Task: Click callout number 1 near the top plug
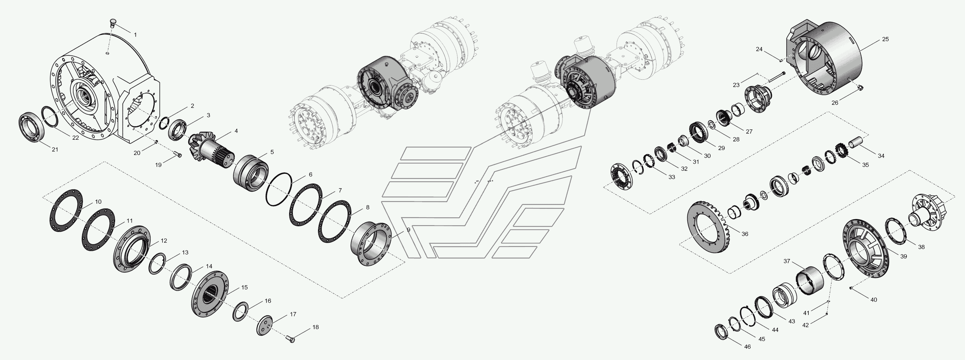pos(135,35)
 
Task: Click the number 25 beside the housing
pos(885,39)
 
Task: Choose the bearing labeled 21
pos(32,127)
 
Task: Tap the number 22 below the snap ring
pos(76,137)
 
